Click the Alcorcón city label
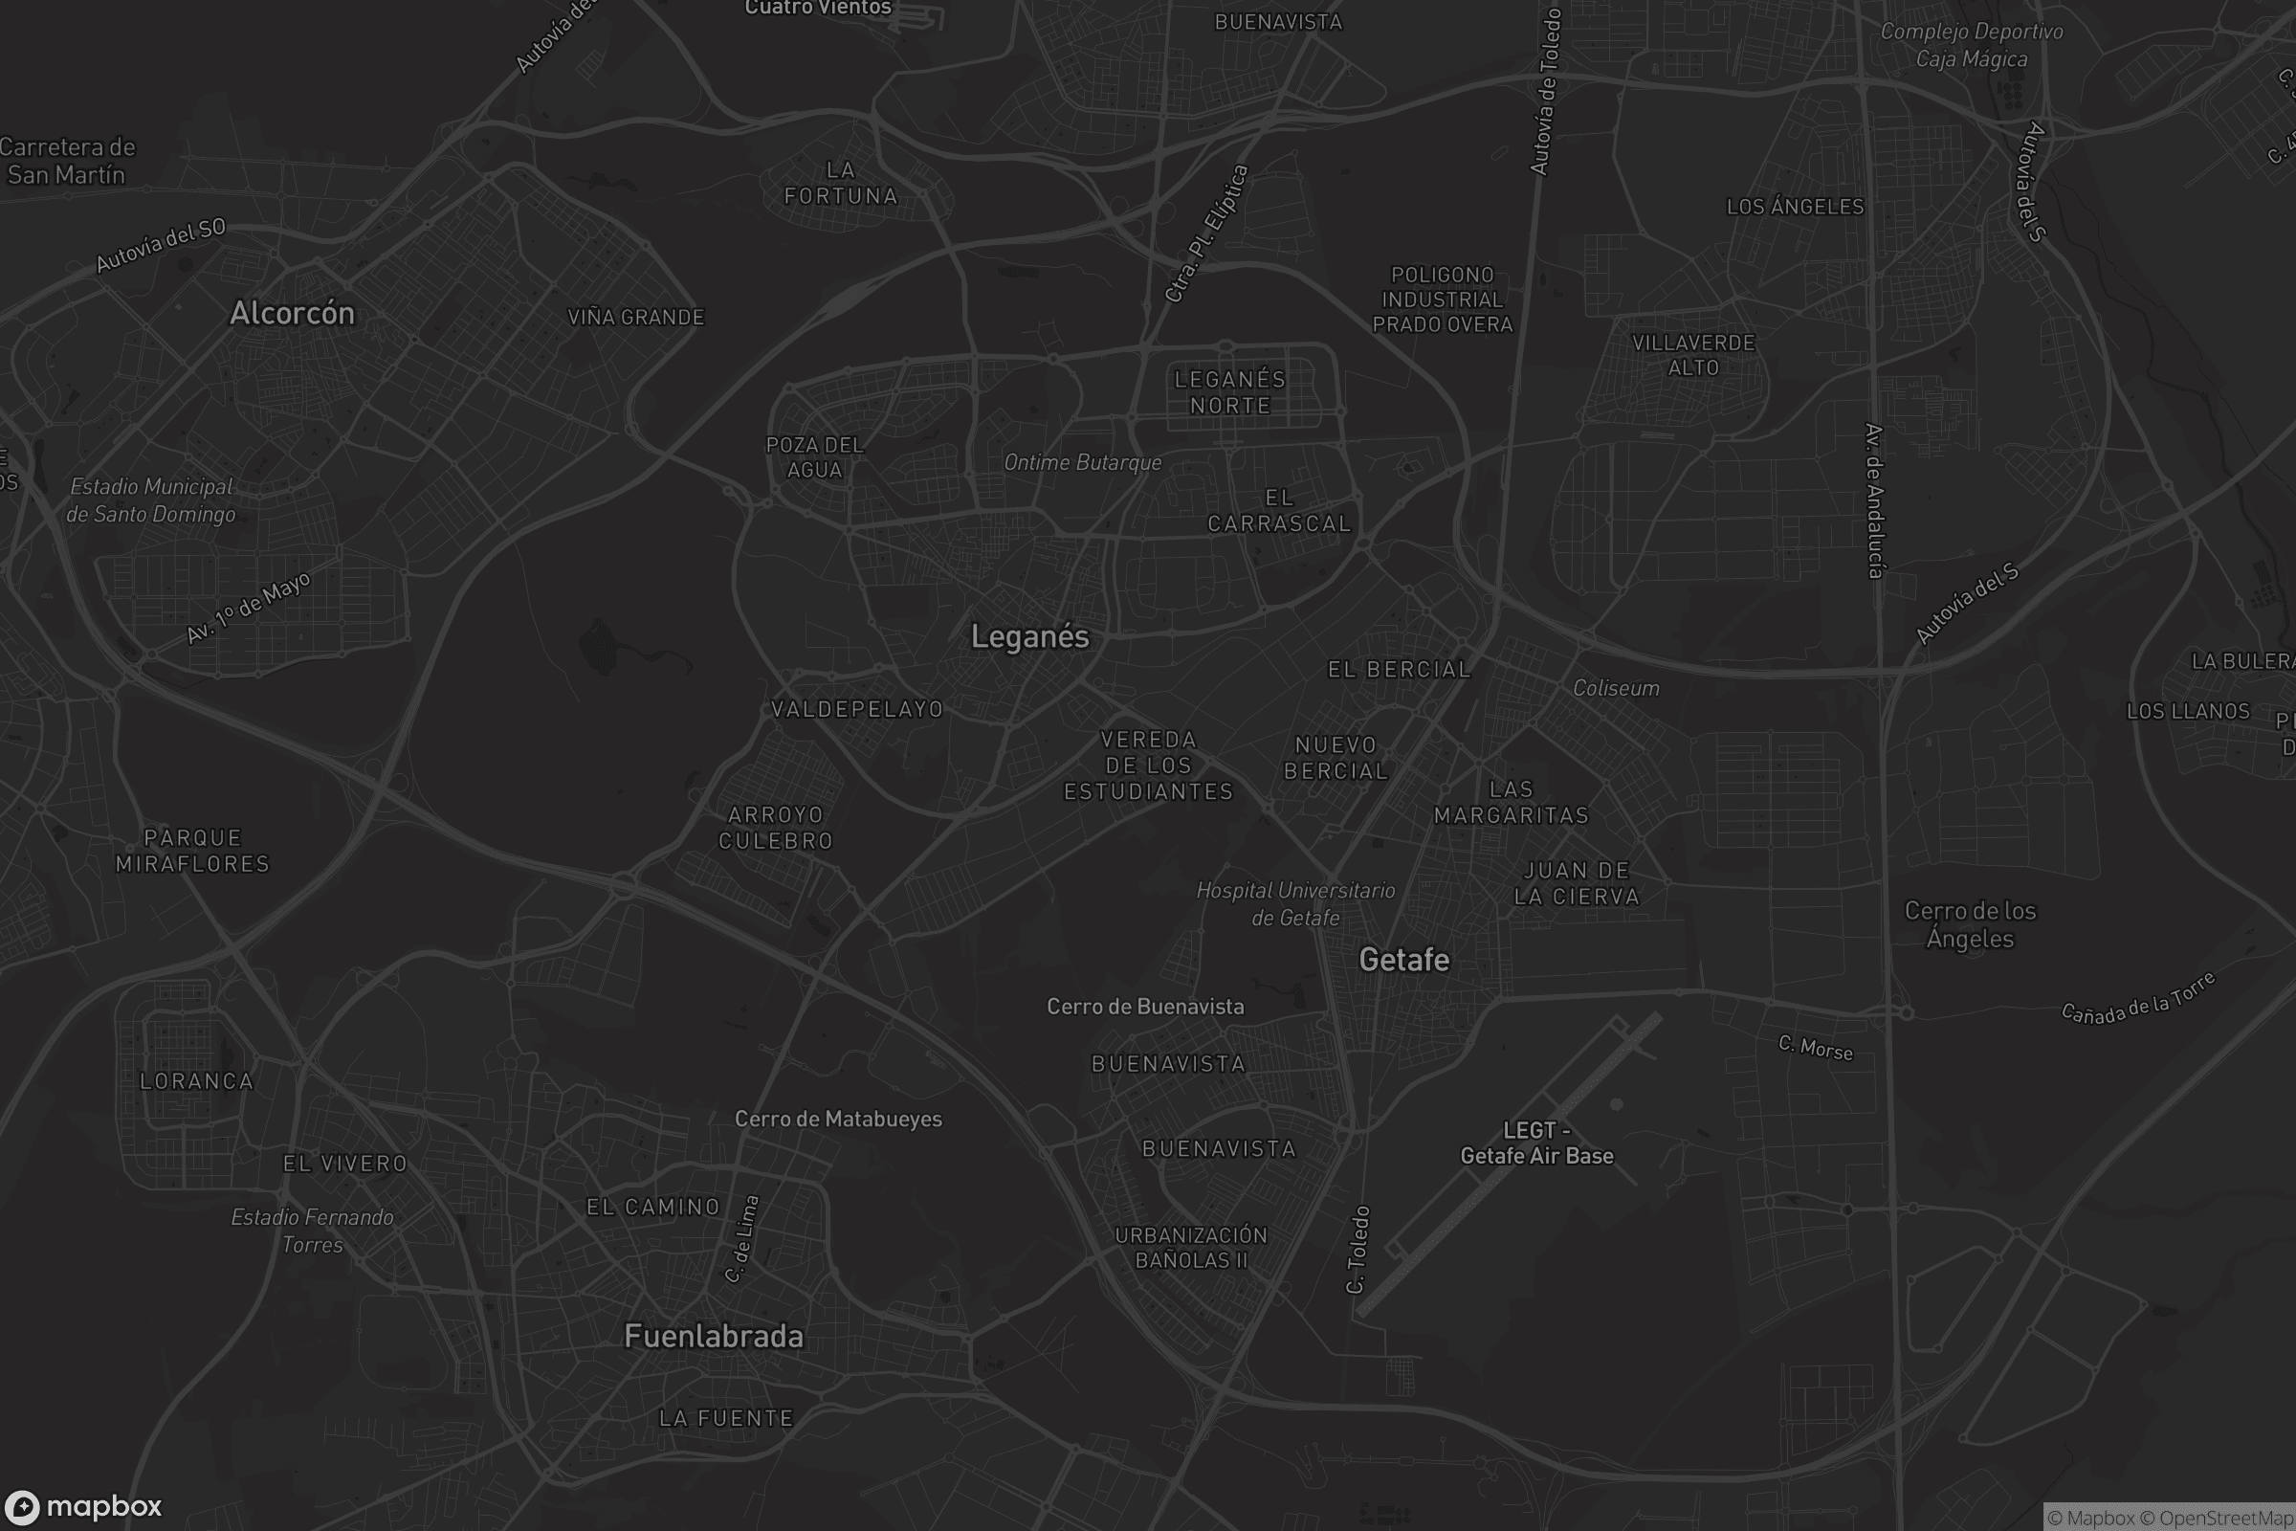[292, 313]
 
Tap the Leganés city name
[1029, 636]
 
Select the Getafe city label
[1403, 960]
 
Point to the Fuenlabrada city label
[714, 1336]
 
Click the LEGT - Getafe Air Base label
[1536, 1143]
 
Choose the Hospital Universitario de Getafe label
[1295, 904]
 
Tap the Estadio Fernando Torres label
[313, 1231]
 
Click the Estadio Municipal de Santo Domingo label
[151, 499]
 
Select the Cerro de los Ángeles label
[1970, 924]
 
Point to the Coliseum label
[1616, 688]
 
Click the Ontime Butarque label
[1083, 463]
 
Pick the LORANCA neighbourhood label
[196, 1081]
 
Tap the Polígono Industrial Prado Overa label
[1443, 300]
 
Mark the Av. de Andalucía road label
[1874, 500]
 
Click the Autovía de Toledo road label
[1545, 92]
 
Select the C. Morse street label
[1815, 1048]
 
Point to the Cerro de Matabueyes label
[838, 1119]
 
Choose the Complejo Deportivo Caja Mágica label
[1971, 45]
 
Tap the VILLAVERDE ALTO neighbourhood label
[1692, 355]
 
